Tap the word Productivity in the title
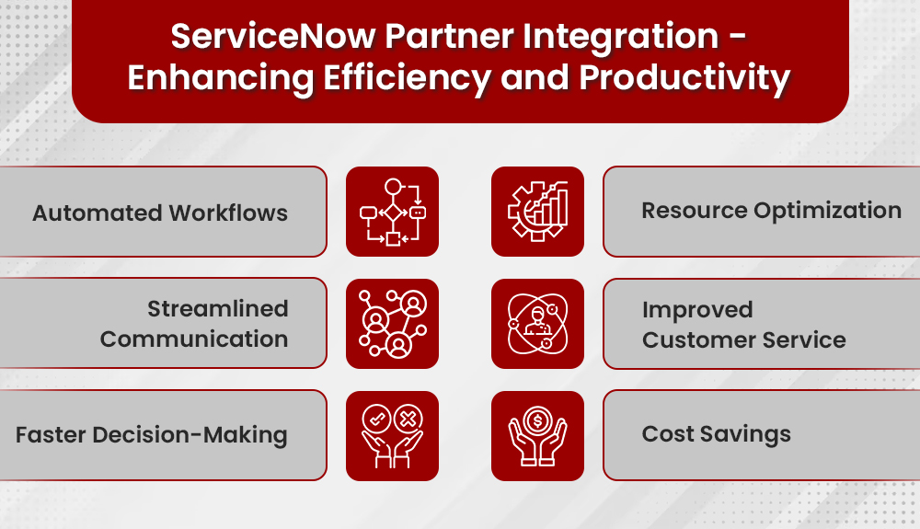pyautogui.click(x=684, y=78)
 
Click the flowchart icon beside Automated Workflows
pyautogui.click(x=392, y=212)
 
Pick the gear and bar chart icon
pyautogui.click(x=537, y=212)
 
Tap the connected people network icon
pyautogui.click(x=392, y=324)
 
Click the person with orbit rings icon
pyautogui.click(x=537, y=324)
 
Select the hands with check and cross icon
pyautogui.click(x=392, y=435)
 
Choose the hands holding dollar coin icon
pyautogui.click(x=537, y=435)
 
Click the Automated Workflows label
pyautogui.click(x=160, y=213)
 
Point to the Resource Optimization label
pyautogui.click(x=771, y=211)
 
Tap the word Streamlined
pyautogui.click(x=218, y=309)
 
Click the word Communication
pyautogui.click(x=194, y=339)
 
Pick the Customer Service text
pyautogui.click(x=743, y=339)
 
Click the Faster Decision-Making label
pyautogui.click(x=152, y=434)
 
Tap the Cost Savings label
pyautogui.click(x=716, y=434)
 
